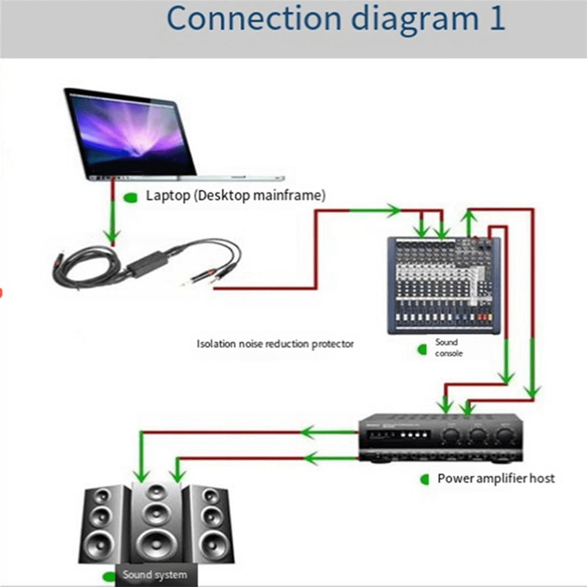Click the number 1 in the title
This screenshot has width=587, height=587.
[496, 19]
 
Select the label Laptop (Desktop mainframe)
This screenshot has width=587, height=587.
[235, 196]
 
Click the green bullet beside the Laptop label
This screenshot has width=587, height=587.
[130, 198]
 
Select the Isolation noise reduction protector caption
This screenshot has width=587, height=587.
[275, 344]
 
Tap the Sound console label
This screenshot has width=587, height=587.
[448, 348]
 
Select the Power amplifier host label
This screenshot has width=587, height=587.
[496, 478]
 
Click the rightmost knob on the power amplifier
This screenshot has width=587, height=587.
[504, 435]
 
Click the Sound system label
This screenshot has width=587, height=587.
[155, 575]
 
